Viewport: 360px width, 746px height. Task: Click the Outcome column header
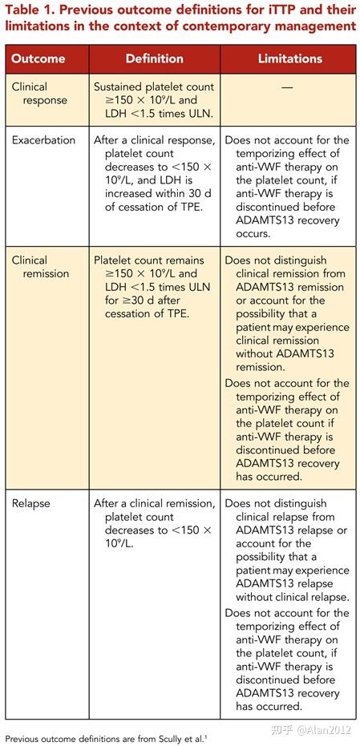tap(38, 59)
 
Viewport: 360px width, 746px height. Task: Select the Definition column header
tap(154, 59)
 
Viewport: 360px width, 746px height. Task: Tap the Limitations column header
tap(289, 59)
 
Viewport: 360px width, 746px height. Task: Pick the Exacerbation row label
tap(43, 140)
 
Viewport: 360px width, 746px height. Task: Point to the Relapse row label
tap(30, 504)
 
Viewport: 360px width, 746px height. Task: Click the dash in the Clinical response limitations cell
tap(288, 87)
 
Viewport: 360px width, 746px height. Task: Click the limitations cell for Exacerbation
tap(287, 187)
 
